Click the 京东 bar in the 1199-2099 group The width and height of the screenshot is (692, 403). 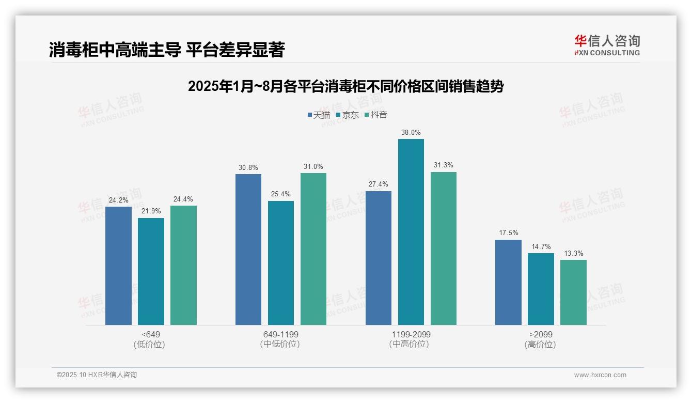coord(411,232)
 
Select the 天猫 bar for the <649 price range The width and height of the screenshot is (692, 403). coord(118,266)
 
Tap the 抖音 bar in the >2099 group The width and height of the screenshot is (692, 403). coord(573,292)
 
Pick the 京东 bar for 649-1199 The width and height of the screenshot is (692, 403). coord(281,263)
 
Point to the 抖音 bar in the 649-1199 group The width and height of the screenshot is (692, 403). coord(313,249)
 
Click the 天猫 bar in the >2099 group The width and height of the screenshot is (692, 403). coord(508,282)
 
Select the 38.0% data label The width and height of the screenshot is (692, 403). coord(411,133)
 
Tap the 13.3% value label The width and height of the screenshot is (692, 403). coord(573,254)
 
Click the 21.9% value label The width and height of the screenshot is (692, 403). coord(151,211)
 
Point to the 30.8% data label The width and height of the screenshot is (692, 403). coord(248,168)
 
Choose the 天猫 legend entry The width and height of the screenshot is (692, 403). coord(319,115)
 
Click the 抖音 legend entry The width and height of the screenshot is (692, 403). coord(376,115)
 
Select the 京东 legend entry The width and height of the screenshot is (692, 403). coord(347,115)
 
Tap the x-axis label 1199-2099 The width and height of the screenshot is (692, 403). coord(411,335)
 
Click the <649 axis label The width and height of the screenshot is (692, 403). coord(150,335)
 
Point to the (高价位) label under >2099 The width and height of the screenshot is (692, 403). coord(540,345)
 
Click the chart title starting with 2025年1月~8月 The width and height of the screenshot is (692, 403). coord(345,86)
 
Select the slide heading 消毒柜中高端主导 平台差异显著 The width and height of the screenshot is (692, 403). coord(167,50)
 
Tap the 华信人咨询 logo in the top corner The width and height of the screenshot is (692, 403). coord(607,45)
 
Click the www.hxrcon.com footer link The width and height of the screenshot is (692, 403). coord(600,375)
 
